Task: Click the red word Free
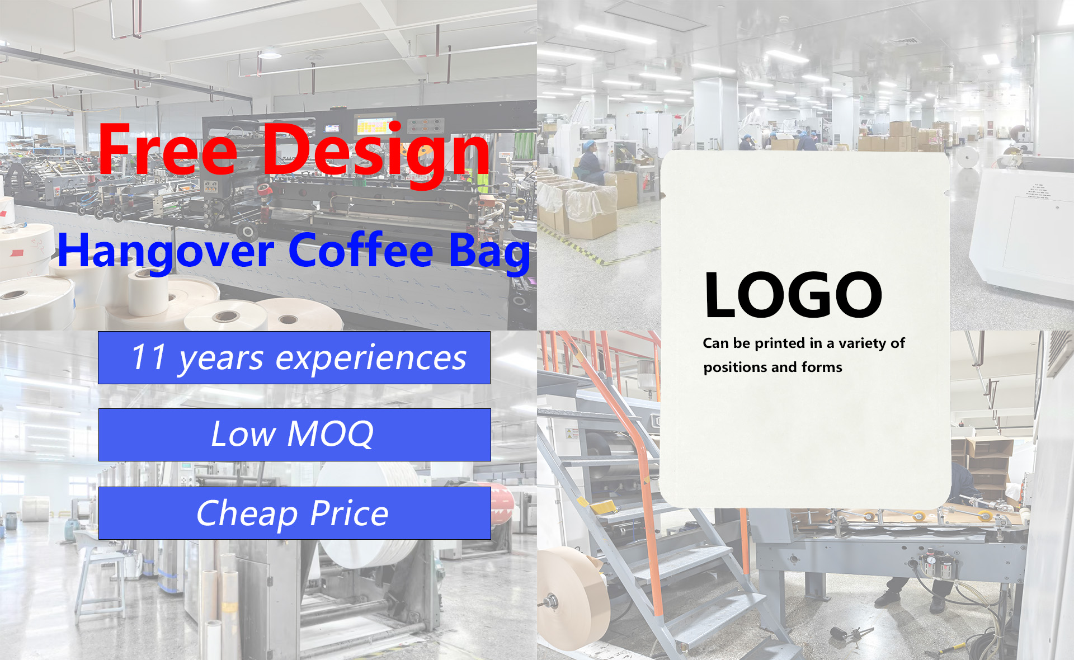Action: (168, 149)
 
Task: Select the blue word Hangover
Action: (166, 252)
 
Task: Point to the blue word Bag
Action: (489, 253)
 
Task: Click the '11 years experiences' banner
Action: (294, 357)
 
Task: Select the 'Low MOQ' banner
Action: (295, 435)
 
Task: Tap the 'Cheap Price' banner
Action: (295, 513)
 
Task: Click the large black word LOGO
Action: (793, 295)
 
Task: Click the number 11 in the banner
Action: (149, 357)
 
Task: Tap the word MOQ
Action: (330, 433)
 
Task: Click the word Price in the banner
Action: (349, 513)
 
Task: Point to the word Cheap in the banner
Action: (247, 514)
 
